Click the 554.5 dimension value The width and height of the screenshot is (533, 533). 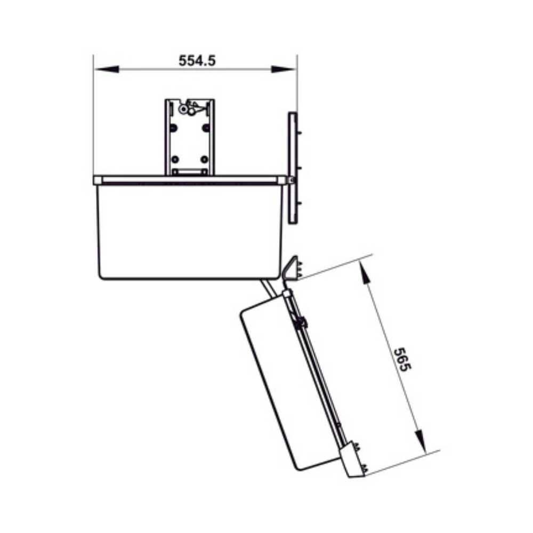[197, 61]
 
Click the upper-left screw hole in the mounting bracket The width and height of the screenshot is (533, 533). [173, 128]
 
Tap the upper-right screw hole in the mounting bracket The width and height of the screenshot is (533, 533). [205, 128]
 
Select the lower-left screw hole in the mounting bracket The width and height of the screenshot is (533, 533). [174, 159]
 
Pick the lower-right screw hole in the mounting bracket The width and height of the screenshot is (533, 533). [204, 159]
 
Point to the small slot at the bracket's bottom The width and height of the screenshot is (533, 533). [189, 172]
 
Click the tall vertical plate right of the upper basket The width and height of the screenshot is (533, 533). [292, 168]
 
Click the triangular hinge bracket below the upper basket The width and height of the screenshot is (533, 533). [290, 268]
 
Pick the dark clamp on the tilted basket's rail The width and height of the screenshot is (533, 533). [301, 322]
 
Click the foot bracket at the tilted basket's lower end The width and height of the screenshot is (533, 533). [352, 459]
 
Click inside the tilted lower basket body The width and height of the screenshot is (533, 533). [288, 384]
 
